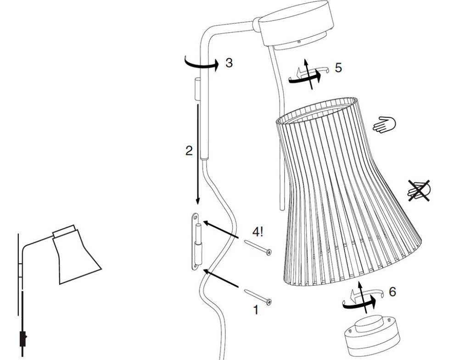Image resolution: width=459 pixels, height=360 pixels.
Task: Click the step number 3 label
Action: click(228, 63)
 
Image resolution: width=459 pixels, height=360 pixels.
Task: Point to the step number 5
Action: click(338, 67)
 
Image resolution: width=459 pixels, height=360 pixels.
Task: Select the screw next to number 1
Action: click(258, 295)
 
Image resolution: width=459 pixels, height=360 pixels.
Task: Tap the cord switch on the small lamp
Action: click(22, 339)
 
